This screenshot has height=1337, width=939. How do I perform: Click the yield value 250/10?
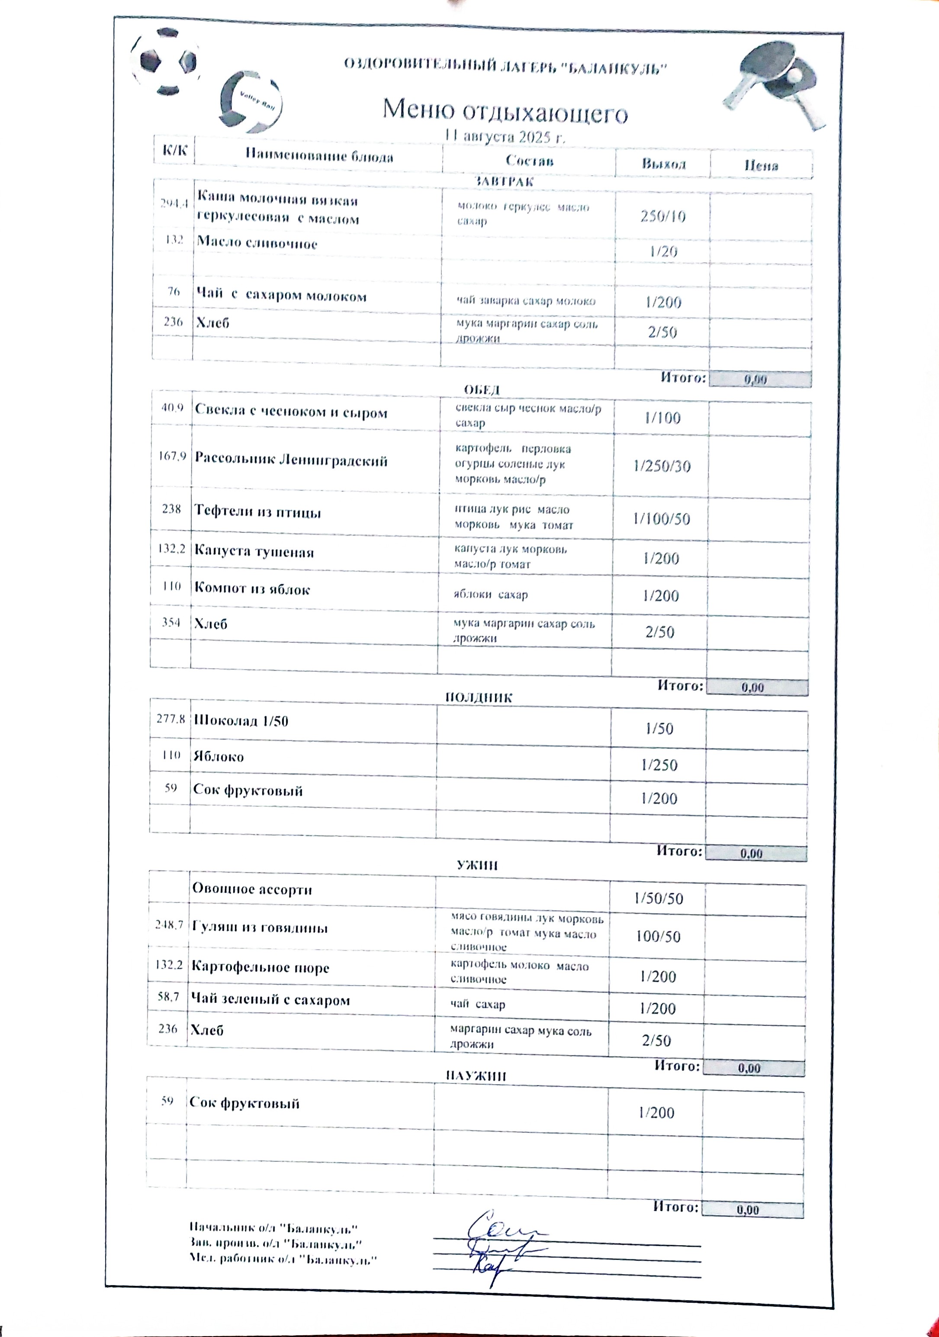[x=663, y=216]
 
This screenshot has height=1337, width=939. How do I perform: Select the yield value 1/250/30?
[x=662, y=467]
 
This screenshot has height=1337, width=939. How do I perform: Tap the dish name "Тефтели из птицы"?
[x=257, y=512]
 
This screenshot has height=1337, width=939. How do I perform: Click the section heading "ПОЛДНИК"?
[x=479, y=698]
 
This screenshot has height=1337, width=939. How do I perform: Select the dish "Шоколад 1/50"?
[x=241, y=721]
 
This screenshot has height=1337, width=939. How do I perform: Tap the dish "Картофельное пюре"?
[x=260, y=968]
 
